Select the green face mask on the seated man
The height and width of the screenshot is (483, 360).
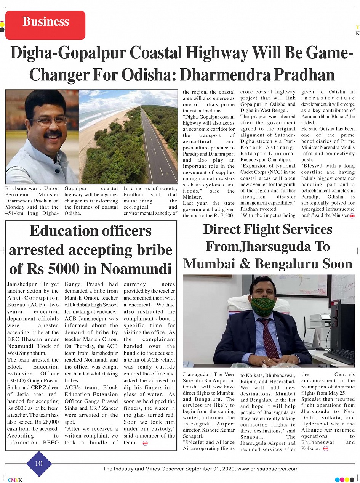[x=263, y=306]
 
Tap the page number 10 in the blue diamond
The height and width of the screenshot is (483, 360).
[x=39, y=464]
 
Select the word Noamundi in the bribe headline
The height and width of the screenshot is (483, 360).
[x=138, y=269]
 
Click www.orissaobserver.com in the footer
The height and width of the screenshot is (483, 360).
[x=268, y=469]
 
